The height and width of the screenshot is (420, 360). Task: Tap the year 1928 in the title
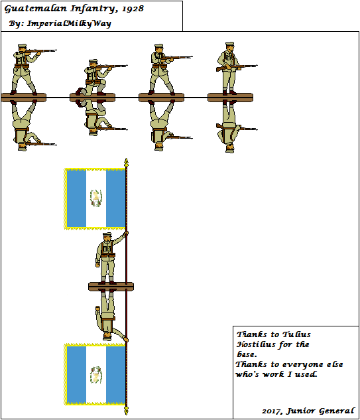click(133, 10)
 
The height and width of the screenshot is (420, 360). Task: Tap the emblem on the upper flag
click(95, 197)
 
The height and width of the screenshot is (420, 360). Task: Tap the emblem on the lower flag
click(95, 375)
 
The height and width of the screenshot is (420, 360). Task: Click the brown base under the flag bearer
click(111, 286)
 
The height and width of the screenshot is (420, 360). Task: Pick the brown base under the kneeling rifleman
click(92, 98)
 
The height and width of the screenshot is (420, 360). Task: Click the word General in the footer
click(335, 412)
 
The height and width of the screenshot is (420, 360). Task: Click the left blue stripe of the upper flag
click(77, 198)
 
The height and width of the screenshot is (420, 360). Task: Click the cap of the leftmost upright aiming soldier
click(19, 47)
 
